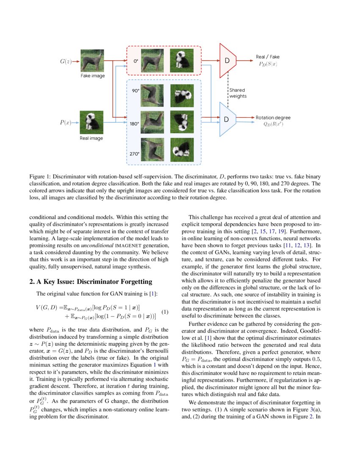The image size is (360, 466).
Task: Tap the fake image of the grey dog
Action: tap(92, 61)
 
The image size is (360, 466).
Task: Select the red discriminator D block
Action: tap(227, 61)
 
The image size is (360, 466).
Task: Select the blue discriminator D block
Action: tap(227, 119)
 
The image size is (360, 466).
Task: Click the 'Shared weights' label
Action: tap(237, 93)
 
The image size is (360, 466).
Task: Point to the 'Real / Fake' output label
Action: tap(268, 57)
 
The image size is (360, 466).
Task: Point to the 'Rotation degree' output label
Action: tap(273, 117)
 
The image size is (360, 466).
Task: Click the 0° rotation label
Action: tap(136, 61)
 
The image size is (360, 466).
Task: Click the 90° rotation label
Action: tap(135, 91)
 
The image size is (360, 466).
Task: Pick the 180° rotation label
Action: tap(135, 125)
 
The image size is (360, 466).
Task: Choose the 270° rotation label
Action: tap(135, 154)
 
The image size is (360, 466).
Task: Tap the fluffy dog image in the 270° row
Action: tap(182, 150)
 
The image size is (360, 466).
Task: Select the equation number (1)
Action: tap(166, 312)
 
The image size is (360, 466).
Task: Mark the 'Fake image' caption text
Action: tap(93, 76)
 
